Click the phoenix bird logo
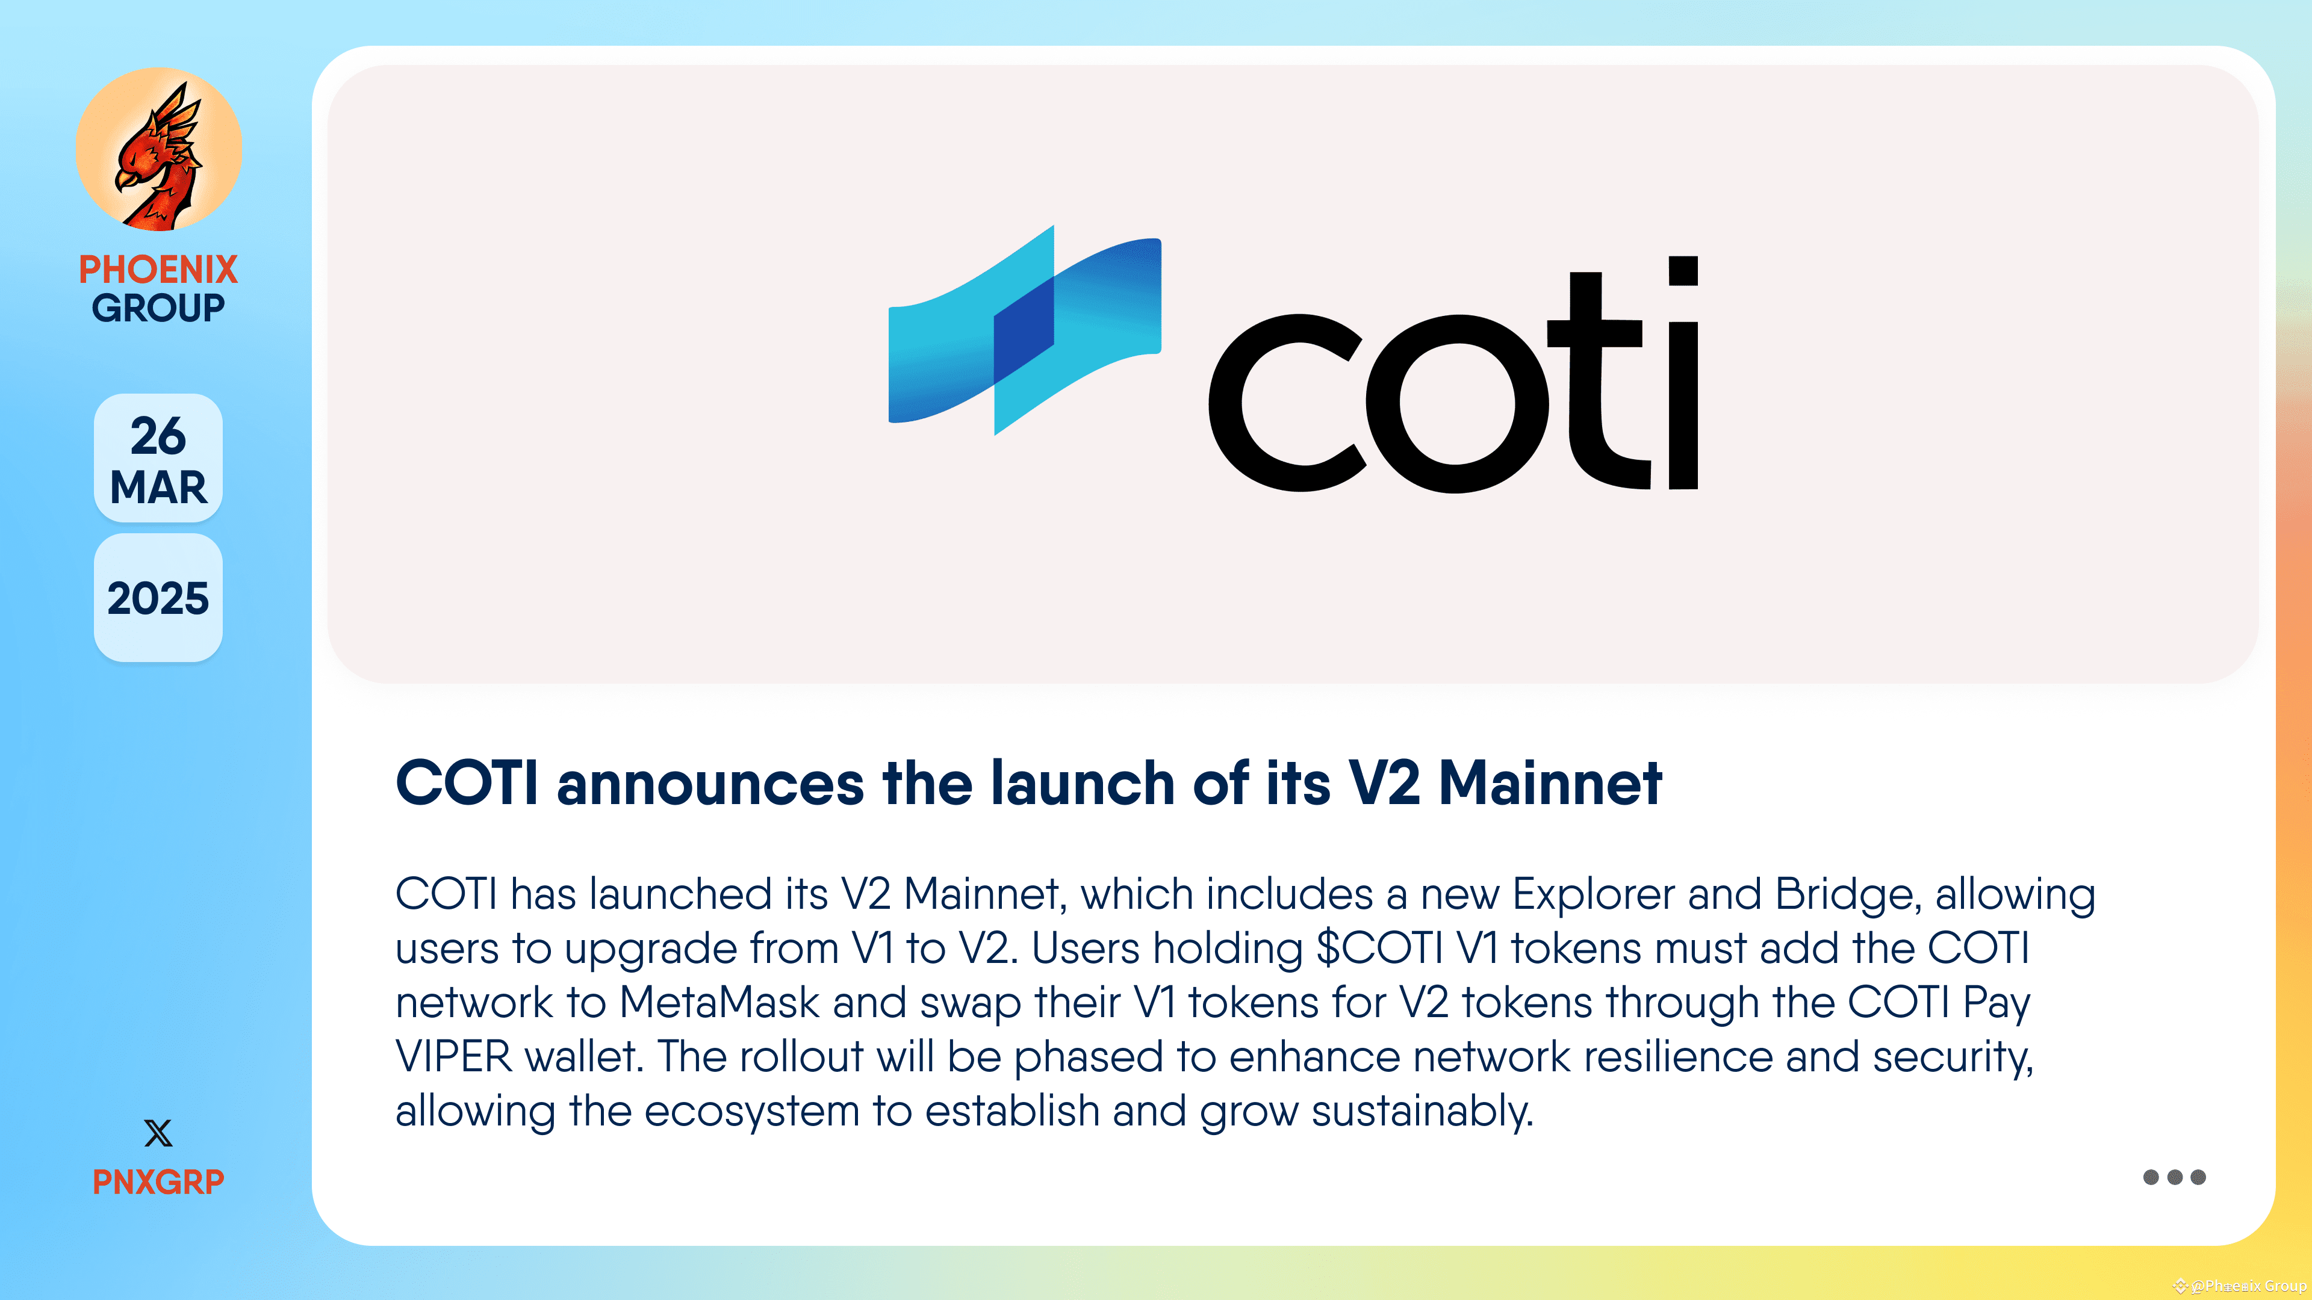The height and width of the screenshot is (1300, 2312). (x=159, y=150)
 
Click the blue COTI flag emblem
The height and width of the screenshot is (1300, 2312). (x=1024, y=330)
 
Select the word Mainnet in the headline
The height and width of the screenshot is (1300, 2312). (x=1550, y=783)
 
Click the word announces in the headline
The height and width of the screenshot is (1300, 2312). (x=710, y=783)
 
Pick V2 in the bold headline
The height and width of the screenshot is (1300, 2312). (x=1384, y=783)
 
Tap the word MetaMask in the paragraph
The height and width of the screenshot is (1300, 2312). (x=719, y=1002)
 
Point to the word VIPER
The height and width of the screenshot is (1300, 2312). (x=453, y=1057)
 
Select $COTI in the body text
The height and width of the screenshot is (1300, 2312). (x=1379, y=949)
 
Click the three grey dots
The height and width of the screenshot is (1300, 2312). (x=2174, y=1177)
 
